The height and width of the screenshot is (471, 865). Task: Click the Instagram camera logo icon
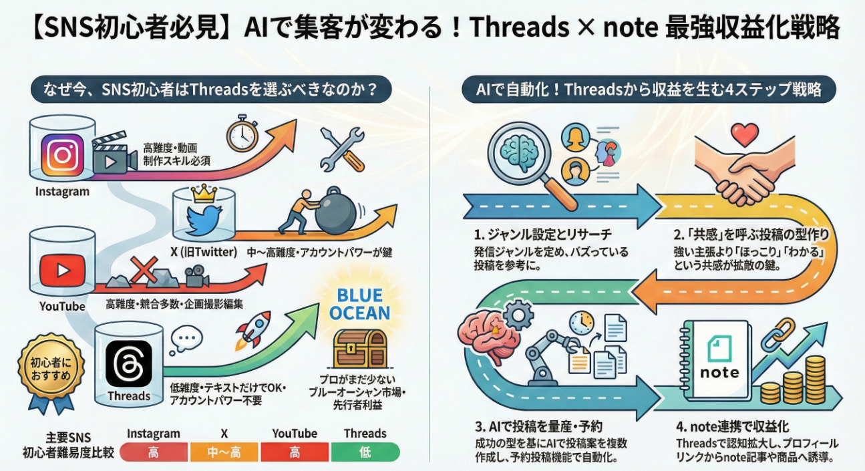pyautogui.click(x=62, y=155)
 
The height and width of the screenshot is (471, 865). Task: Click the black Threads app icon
pyautogui.click(x=128, y=363)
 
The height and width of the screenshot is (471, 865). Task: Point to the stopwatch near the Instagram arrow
pyautogui.click(x=241, y=134)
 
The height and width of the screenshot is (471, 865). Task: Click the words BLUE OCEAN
pyautogui.click(x=359, y=305)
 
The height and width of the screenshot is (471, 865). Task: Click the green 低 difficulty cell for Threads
pyautogui.click(x=365, y=452)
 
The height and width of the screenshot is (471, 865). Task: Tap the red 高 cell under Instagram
pyautogui.click(x=153, y=452)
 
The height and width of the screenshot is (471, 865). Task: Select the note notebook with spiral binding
pyautogui.click(x=719, y=361)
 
